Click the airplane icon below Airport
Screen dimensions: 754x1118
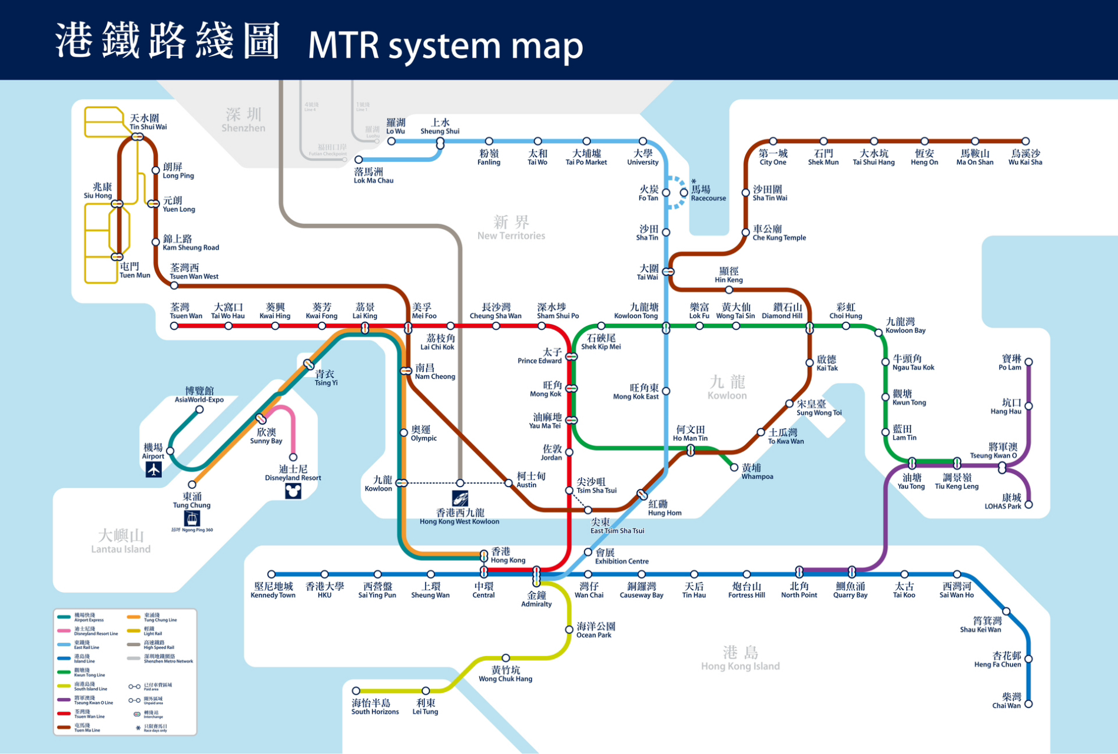pyautogui.click(x=154, y=469)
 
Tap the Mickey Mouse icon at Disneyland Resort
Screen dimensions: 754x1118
pyautogui.click(x=293, y=491)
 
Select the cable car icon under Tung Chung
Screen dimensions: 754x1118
pyautogui.click(x=192, y=518)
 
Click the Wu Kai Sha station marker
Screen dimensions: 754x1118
pyautogui.click(x=1026, y=141)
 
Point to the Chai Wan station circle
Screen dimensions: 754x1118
pyautogui.click(x=1029, y=704)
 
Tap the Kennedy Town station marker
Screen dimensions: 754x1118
pyautogui.click(x=271, y=574)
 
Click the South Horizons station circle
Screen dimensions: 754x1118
pyautogui.click(x=356, y=690)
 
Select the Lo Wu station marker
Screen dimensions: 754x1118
pyautogui.click(x=392, y=141)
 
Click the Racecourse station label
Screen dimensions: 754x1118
pyautogui.click(x=708, y=193)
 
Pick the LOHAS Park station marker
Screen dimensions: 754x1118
pyautogui.click(x=1029, y=505)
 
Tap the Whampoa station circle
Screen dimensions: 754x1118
pyautogui.click(x=734, y=467)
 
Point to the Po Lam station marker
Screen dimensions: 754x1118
pyautogui.click(x=1029, y=362)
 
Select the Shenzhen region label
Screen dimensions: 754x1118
pyautogui.click(x=243, y=120)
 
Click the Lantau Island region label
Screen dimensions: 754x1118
pyautogui.click(x=121, y=541)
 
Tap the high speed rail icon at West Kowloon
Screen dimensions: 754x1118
pyautogui.click(x=460, y=498)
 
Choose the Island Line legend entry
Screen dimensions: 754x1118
pyautogui.click(x=82, y=659)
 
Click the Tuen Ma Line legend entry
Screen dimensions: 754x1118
pyautogui.click(x=82, y=727)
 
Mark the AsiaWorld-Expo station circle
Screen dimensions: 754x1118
pyautogui.click(x=200, y=409)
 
